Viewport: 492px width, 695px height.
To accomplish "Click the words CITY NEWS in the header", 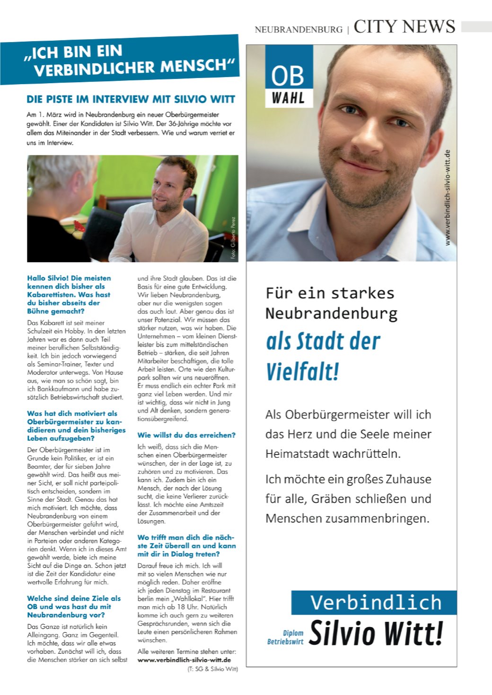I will (x=404, y=27).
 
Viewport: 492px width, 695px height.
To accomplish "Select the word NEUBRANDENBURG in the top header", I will (x=298, y=29).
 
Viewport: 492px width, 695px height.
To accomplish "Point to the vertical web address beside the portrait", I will (x=448, y=197).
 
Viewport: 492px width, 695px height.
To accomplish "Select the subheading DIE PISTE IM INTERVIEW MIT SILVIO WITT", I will (x=131, y=99).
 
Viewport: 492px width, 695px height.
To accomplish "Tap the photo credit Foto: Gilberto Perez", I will (x=233, y=237).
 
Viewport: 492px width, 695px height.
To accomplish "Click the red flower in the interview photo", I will (x=79, y=226).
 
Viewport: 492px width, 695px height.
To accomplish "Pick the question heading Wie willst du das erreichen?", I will (x=186, y=435).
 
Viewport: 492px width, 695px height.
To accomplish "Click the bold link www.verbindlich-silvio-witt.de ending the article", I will (x=184, y=660).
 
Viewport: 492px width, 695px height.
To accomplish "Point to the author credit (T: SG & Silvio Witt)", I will (x=212, y=669).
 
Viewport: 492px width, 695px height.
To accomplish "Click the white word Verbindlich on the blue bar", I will (x=376, y=602).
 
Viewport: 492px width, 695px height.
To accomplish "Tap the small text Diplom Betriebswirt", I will (x=286, y=637).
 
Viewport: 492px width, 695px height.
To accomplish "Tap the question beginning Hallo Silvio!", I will (x=69, y=294).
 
